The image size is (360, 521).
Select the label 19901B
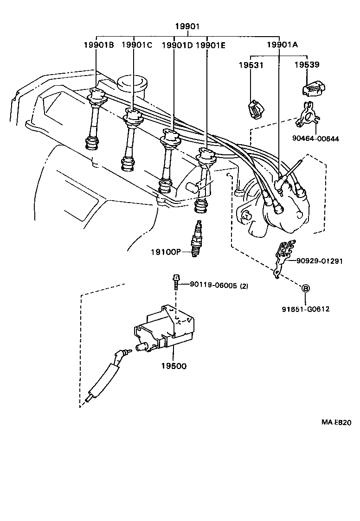pos(99,44)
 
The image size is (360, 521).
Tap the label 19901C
pos(137,44)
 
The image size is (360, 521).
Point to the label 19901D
pos(177,44)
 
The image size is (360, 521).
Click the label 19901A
pos(282,44)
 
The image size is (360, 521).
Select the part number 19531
pos(251,65)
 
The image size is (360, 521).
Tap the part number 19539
pos(307,65)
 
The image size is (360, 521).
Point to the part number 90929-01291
pos(320,261)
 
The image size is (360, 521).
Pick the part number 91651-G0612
pos(306,309)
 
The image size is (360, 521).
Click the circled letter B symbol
pos(306,288)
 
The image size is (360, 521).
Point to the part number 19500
pos(174,366)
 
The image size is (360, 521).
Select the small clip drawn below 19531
pos(254,110)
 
